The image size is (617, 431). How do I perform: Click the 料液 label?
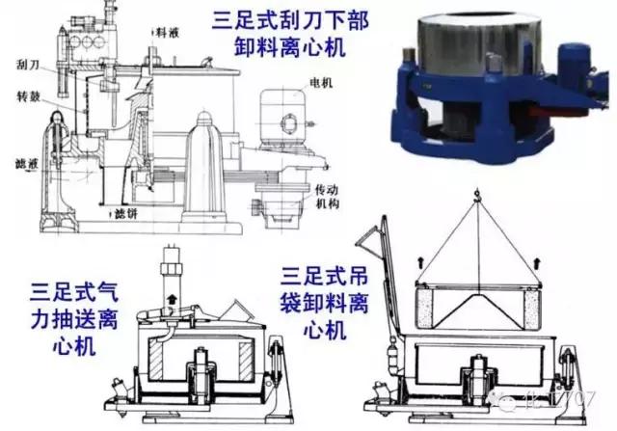point(166,30)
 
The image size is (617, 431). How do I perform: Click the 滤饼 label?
point(125,212)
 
